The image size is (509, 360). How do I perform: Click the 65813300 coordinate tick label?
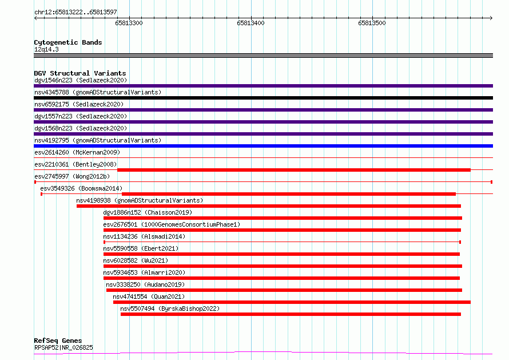coord(129,23)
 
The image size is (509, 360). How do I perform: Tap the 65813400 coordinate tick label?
coord(250,23)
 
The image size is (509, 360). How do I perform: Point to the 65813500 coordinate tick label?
coord(372,23)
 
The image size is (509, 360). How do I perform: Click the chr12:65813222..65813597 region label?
coord(75,13)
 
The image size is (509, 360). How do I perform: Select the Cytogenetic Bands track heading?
coord(68,42)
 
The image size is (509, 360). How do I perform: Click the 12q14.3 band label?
coord(46,49)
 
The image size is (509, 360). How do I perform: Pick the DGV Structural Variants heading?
coord(80,73)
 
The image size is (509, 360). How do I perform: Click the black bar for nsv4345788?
coord(263,98)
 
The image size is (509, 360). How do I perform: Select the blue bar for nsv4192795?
coord(263,146)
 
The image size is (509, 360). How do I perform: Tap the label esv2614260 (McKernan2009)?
coord(77,152)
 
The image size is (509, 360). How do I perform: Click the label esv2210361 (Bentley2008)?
coord(75,164)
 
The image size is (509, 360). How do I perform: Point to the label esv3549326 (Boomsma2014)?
coord(81,188)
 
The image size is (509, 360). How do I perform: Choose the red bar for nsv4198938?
coord(269,206)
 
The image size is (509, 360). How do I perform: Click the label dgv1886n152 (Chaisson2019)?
coord(148,212)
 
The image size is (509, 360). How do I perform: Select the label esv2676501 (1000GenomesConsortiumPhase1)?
coord(172,224)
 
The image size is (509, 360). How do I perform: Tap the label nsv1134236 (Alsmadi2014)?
coord(144,236)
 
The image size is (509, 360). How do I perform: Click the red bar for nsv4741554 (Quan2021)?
coord(292,302)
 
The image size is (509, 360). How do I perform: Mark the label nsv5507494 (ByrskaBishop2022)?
coord(170,308)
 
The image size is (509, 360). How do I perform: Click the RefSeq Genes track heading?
coord(58,341)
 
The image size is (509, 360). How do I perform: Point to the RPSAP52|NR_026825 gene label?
coord(63,347)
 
